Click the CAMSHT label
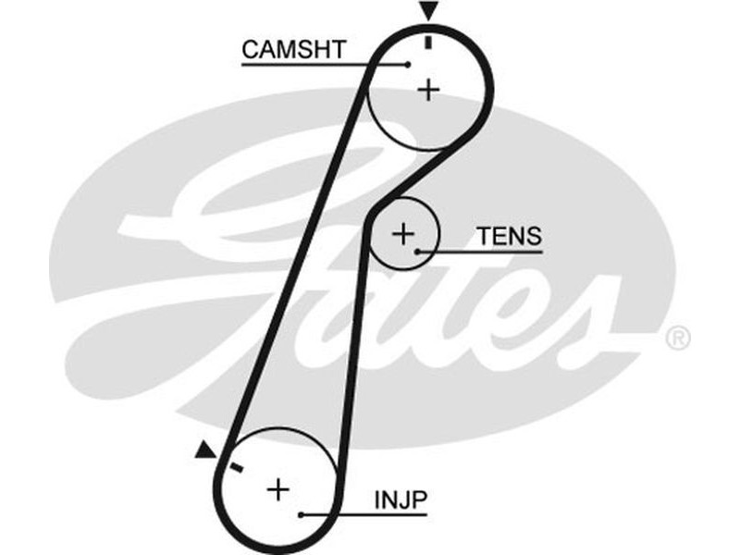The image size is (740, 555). point(293,50)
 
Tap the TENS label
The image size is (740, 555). point(509,236)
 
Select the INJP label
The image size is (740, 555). point(401,500)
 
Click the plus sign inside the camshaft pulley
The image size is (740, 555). point(428,90)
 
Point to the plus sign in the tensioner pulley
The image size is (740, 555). point(403,232)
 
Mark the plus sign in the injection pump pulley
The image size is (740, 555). point(277,488)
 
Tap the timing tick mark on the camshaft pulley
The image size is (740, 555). point(427,42)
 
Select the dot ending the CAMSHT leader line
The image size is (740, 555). point(408,65)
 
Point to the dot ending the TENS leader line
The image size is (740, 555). point(418,251)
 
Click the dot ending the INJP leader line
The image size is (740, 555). point(301,513)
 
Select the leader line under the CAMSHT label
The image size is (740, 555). point(324,65)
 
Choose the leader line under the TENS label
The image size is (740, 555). point(481,251)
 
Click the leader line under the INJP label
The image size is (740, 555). point(365,513)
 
